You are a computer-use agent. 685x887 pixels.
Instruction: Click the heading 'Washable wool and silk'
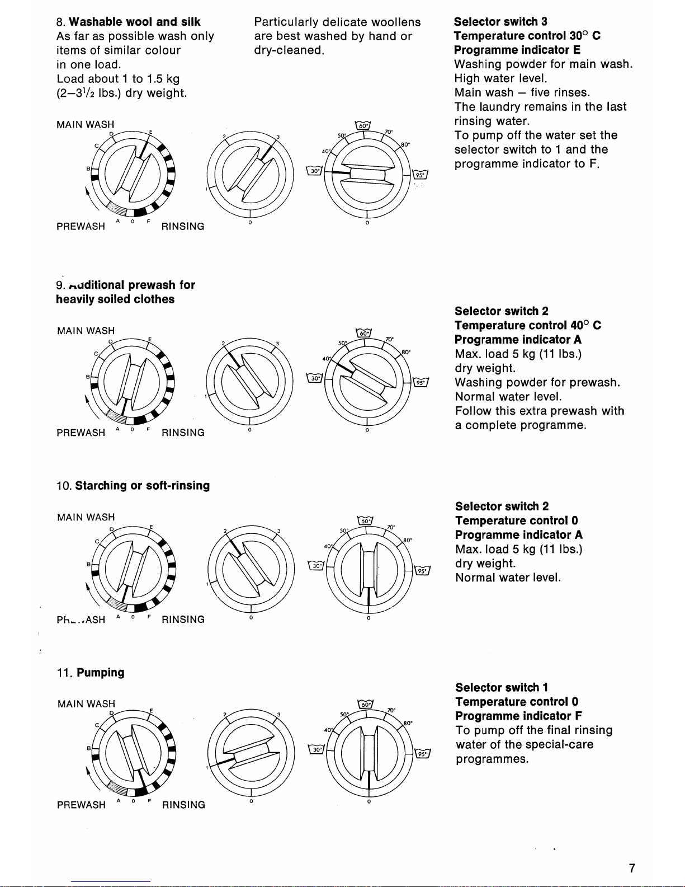[135, 22]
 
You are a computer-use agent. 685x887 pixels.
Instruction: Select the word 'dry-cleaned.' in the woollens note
[289, 50]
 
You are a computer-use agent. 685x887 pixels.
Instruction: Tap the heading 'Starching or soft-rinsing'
[143, 486]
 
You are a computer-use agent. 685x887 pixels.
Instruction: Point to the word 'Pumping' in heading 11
[101, 673]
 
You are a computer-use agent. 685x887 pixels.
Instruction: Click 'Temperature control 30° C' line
[527, 36]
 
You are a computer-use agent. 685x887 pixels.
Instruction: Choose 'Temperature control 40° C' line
[528, 326]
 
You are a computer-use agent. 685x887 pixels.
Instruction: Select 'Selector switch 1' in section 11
[502, 688]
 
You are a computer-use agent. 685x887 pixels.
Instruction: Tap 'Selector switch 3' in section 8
[500, 22]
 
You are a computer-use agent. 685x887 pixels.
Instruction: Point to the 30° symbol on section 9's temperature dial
[315, 379]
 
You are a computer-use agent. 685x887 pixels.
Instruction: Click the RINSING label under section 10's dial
[183, 620]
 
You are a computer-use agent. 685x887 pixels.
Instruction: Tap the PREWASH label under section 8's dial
[81, 227]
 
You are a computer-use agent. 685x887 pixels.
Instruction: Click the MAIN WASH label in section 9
[86, 331]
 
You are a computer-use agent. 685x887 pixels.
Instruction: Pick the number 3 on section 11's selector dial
[278, 715]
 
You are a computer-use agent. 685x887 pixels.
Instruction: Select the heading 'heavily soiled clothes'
[115, 299]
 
